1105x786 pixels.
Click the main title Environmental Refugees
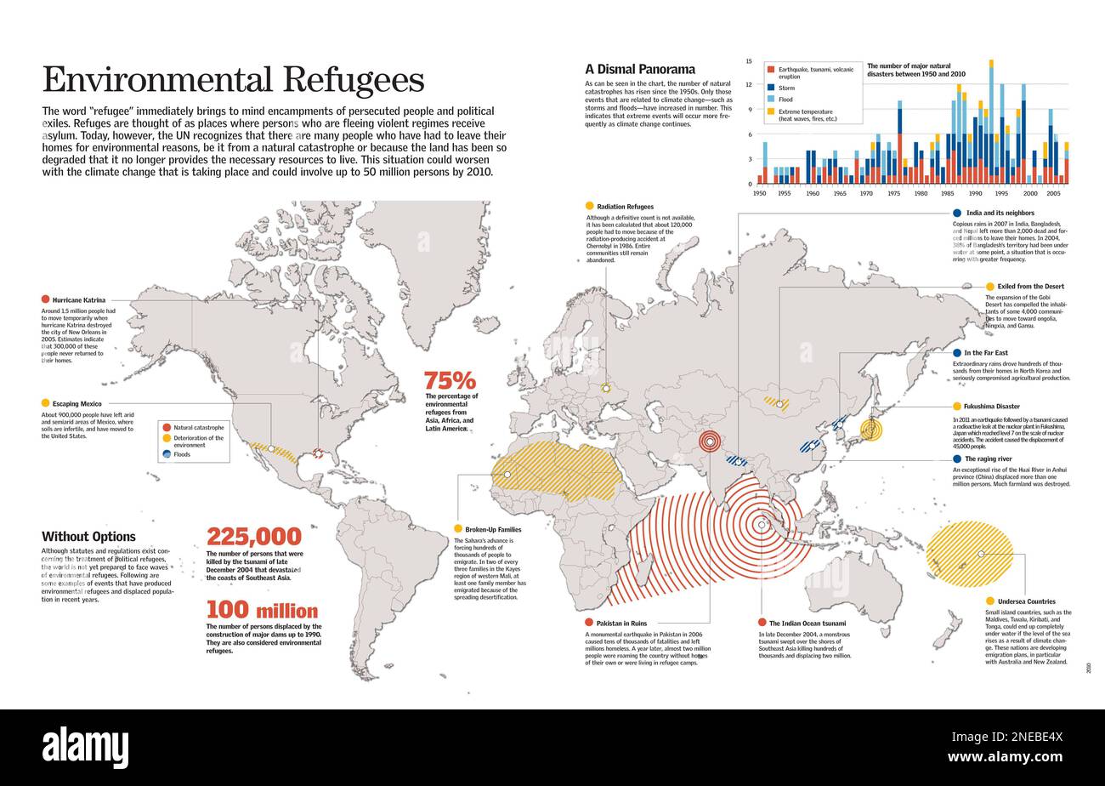(x=233, y=80)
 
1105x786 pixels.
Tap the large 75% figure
(x=450, y=380)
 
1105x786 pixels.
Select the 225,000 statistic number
(x=254, y=537)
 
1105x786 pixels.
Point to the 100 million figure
(x=262, y=611)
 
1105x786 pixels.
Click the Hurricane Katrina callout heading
(x=79, y=299)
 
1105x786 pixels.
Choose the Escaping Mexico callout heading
(x=77, y=403)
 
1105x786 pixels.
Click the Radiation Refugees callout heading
(x=625, y=207)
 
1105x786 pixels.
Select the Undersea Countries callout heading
(x=1026, y=601)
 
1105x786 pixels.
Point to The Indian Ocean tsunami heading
(x=807, y=624)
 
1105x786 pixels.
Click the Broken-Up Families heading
(x=493, y=530)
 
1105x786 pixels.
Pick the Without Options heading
(x=88, y=537)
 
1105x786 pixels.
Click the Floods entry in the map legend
(x=182, y=454)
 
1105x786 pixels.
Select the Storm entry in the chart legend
(x=787, y=88)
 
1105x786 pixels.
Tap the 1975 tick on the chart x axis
(x=894, y=194)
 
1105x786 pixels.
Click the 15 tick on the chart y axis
(x=749, y=61)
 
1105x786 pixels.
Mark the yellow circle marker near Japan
(x=870, y=430)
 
